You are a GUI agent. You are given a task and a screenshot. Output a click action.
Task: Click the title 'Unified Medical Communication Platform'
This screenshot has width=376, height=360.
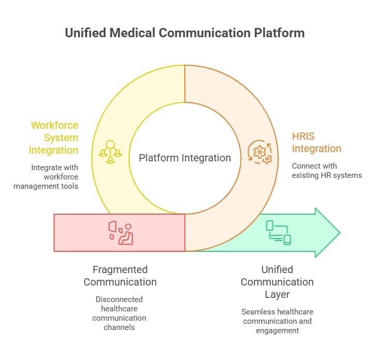click(x=185, y=33)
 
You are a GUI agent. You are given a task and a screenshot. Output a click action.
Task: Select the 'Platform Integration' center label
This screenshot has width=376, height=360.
click(x=185, y=158)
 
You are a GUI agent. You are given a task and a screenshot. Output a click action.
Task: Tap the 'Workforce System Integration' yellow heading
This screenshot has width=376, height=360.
click(x=54, y=138)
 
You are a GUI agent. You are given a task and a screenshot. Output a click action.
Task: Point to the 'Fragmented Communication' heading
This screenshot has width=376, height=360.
click(x=120, y=276)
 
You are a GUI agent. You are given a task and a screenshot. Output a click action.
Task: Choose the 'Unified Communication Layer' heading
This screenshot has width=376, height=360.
click(x=277, y=282)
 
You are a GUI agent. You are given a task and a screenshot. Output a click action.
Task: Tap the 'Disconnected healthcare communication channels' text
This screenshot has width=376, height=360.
click(x=119, y=313)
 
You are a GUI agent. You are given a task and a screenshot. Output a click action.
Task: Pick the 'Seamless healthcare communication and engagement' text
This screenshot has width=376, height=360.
click(x=277, y=321)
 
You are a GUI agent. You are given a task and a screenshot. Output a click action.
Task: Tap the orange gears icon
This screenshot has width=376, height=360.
click(x=260, y=152)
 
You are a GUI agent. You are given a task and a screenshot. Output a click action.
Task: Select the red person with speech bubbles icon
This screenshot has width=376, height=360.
click(x=121, y=233)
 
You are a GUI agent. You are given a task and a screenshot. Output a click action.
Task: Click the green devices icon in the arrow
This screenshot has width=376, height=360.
click(x=278, y=233)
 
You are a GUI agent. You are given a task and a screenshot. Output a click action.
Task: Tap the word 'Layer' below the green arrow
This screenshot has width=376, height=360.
click(x=277, y=294)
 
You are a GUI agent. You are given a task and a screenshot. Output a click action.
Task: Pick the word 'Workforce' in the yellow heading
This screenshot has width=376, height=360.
click(x=54, y=125)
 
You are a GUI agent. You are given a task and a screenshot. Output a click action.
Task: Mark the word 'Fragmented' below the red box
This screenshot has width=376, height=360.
click(x=120, y=269)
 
